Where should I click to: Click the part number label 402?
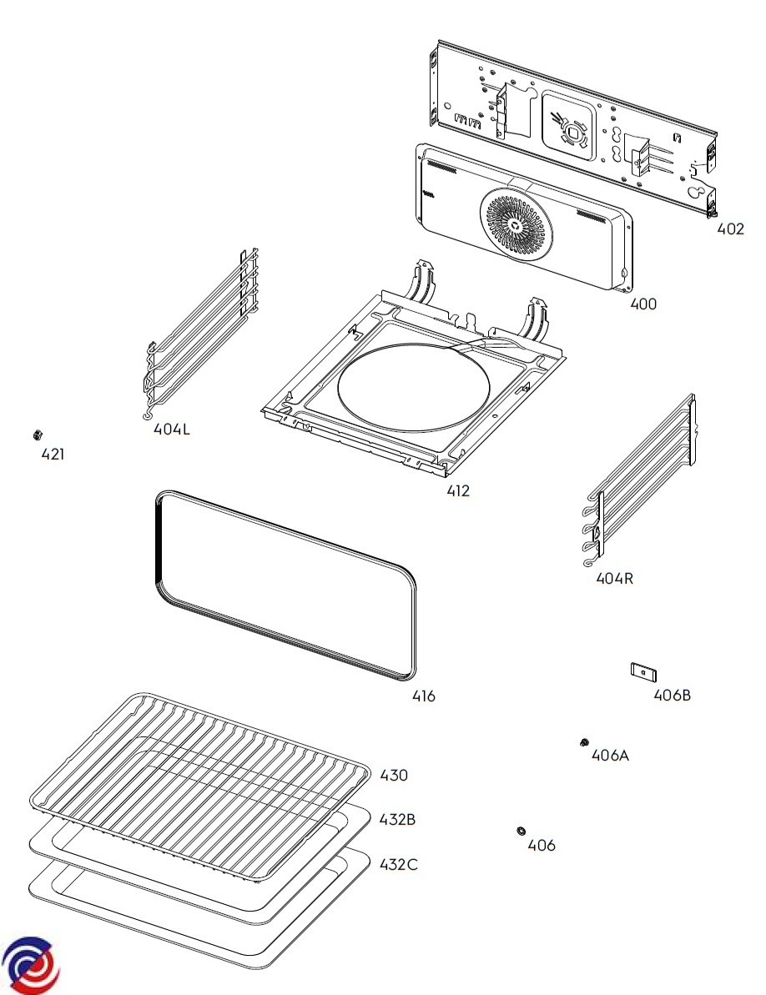click(x=730, y=229)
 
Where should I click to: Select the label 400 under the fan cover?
click(x=643, y=304)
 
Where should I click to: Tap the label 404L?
click(x=171, y=430)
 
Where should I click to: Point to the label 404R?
click(x=614, y=578)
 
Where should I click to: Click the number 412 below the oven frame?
click(x=458, y=491)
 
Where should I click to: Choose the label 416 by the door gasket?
click(x=423, y=696)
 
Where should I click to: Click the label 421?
click(x=53, y=455)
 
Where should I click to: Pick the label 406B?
click(x=672, y=696)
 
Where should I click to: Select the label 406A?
click(x=610, y=756)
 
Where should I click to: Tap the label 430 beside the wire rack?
click(x=394, y=776)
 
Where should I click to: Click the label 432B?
click(x=397, y=820)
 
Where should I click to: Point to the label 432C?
click(x=398, y=864)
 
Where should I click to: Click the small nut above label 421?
click(x=38, y=435)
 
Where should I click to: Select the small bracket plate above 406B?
click(x=644, y=671)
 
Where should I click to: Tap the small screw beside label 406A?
click(x=584, y=742)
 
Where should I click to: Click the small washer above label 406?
click(x=521, y=831)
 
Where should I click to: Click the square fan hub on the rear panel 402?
click(x=572, y=130)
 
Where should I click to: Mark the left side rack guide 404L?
click(x=200, y=334)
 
